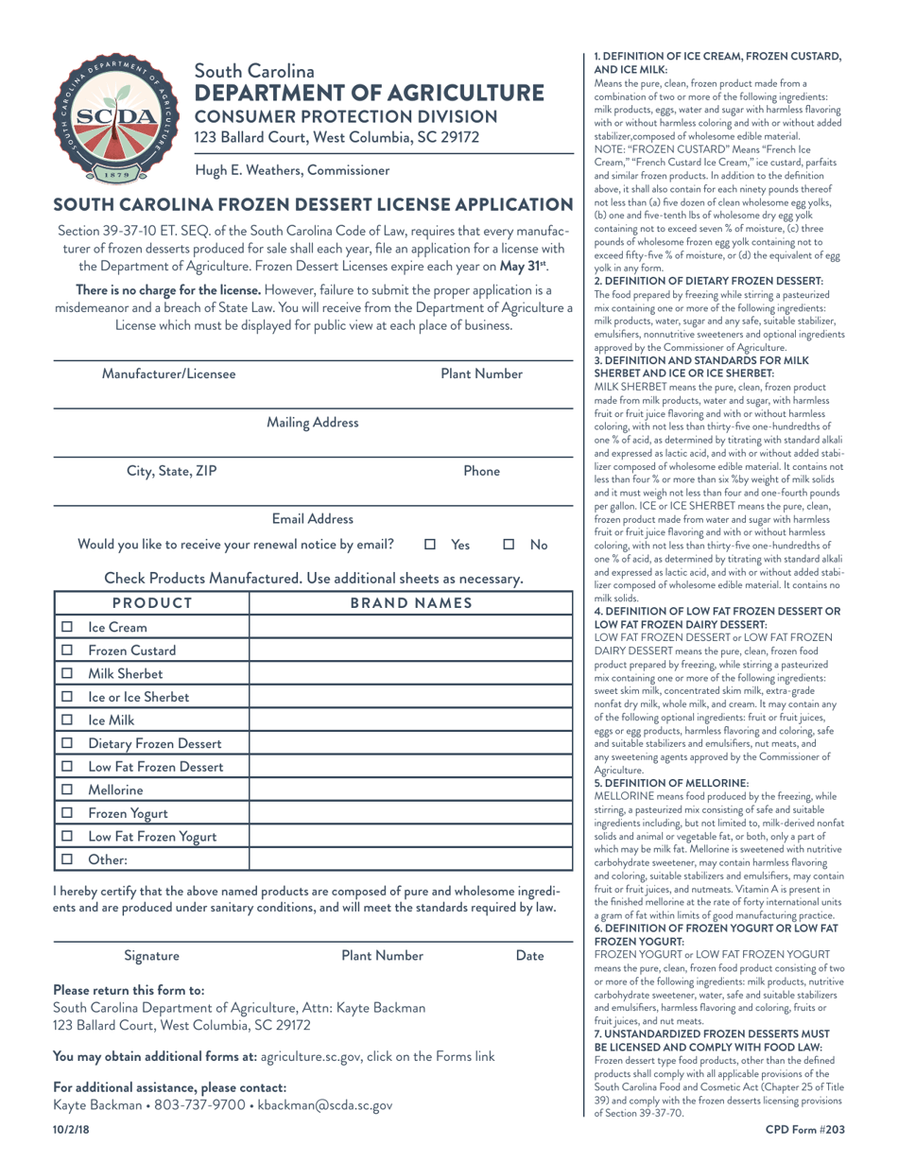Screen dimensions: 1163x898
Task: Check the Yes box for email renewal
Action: pyautogui.click(x=429, y=545)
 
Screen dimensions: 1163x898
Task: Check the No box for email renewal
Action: pyautogui.click(x=509, y=545)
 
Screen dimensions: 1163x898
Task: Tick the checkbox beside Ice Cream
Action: pyautogui.click(x=67, y=628)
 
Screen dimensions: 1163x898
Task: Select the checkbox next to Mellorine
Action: pyautogui.click(x=67, y=789)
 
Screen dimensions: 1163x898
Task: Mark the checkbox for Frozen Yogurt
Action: pyautogui.click(x=67, y=812)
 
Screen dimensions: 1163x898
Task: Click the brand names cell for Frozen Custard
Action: pyautogui.click(x=410, y=651)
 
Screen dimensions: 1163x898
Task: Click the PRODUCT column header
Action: pyautogui.click(x=152, y=603)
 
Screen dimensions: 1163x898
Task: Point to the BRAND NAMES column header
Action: pyautogui.click(x=410, y=603)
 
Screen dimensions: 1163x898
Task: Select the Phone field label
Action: pyautogui.click(x=481, y=471)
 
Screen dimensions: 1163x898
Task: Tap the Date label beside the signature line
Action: pyautogui.click(x=530, y=956)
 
